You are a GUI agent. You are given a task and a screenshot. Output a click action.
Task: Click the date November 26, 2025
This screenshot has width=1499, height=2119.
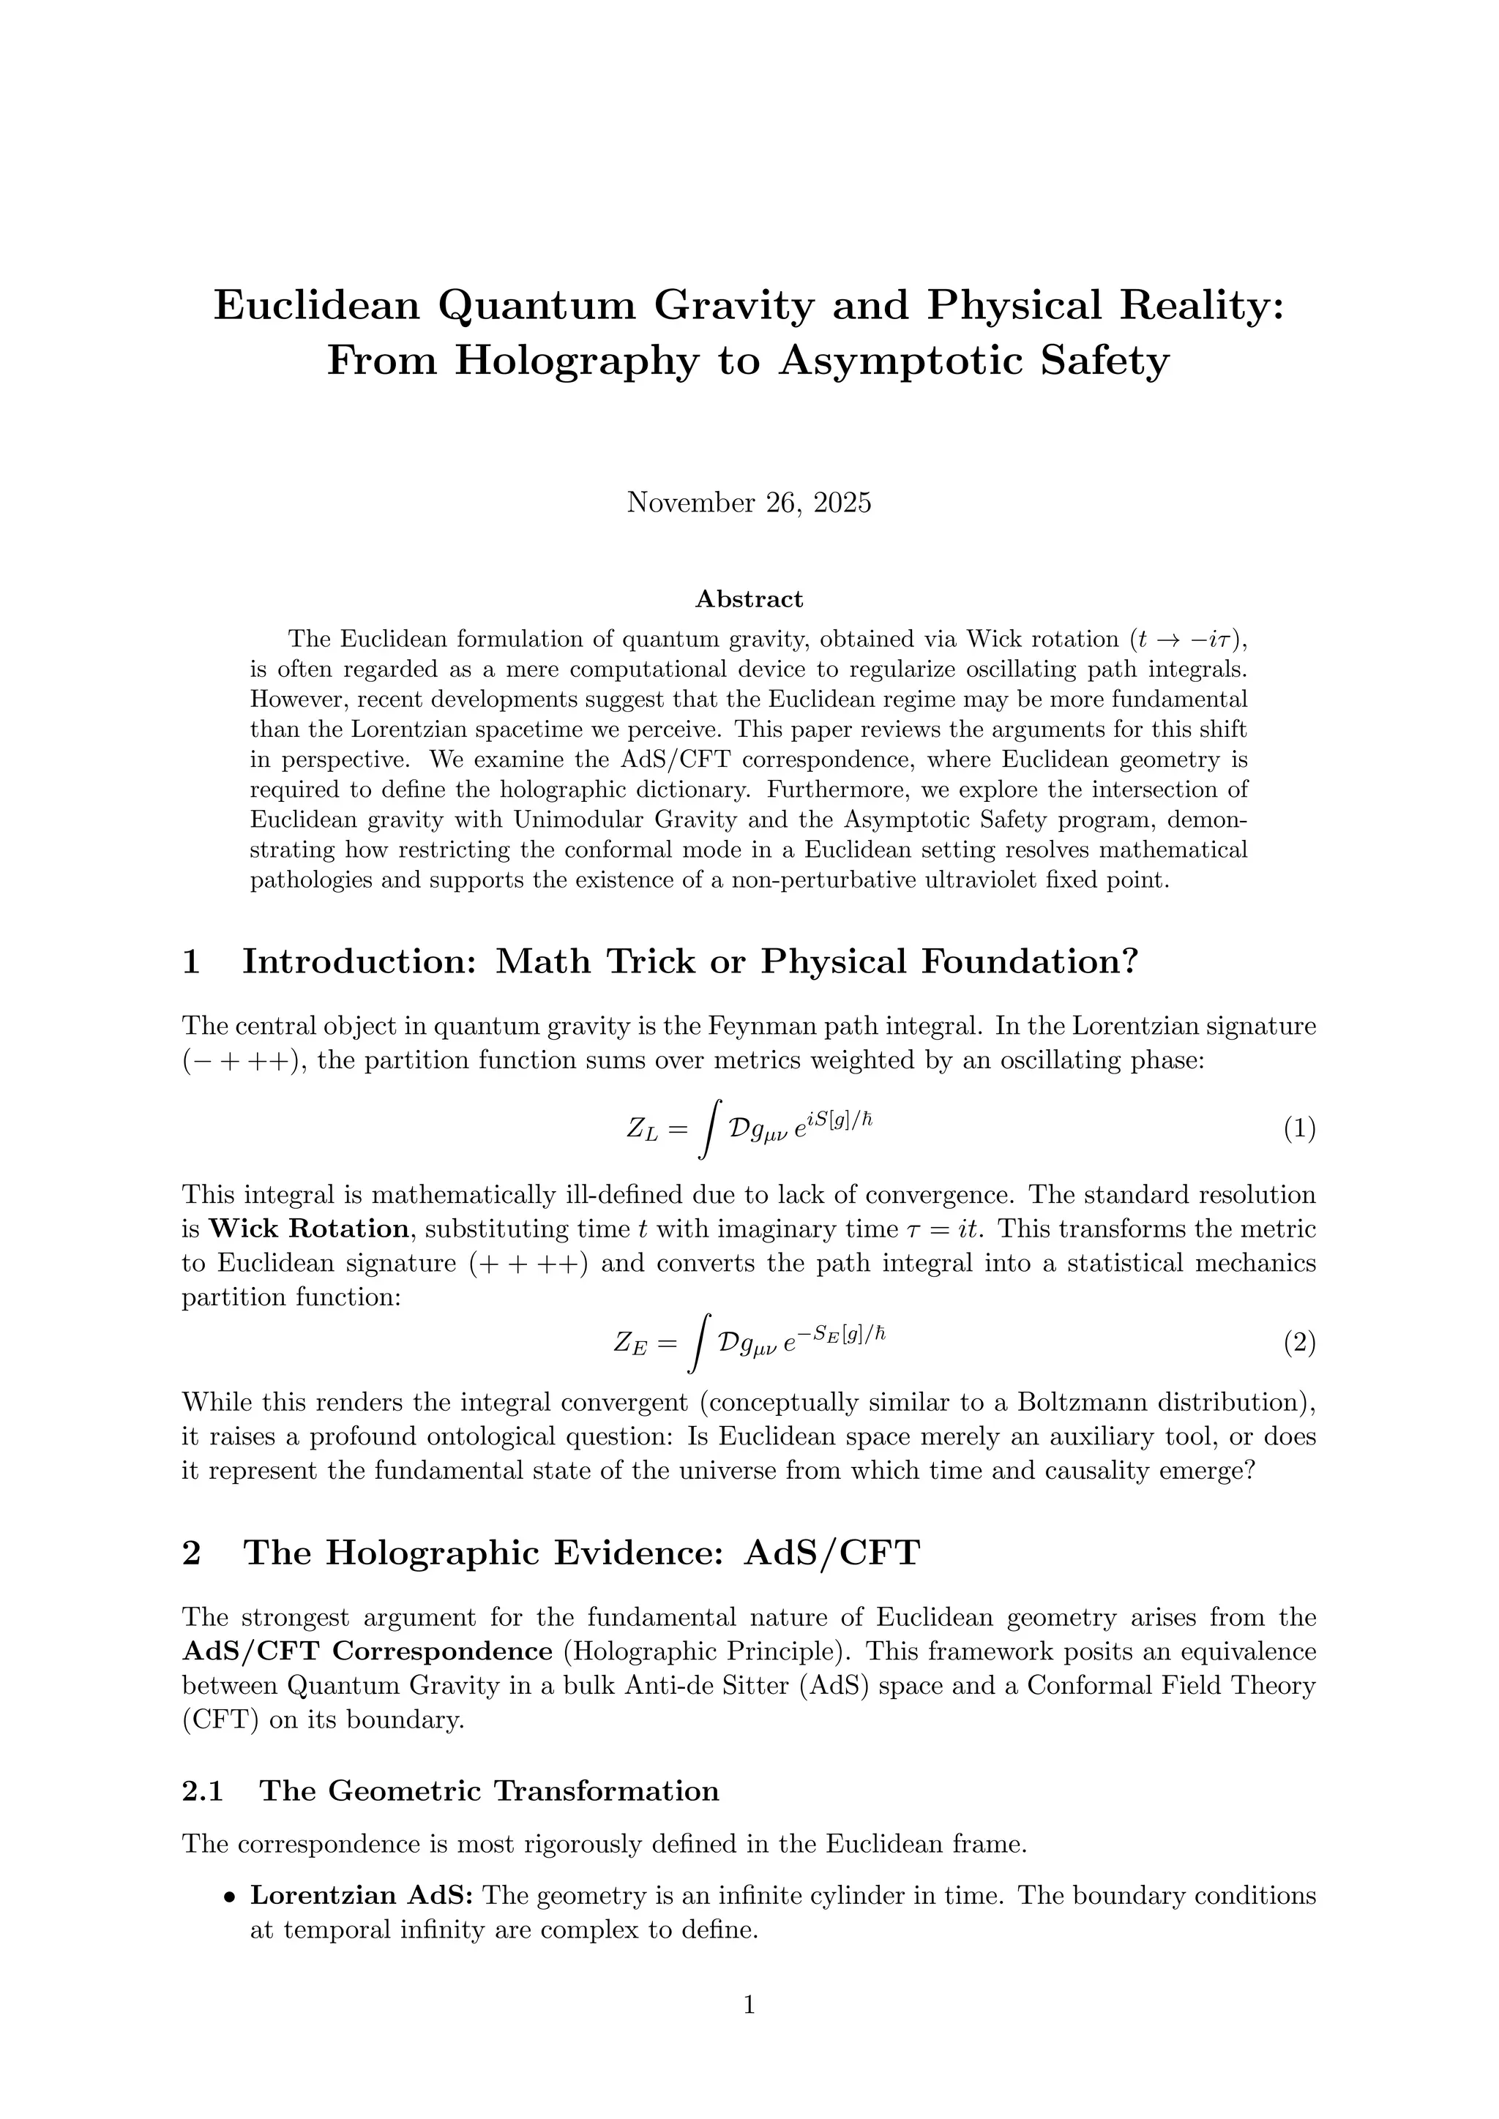[x=749, y=503]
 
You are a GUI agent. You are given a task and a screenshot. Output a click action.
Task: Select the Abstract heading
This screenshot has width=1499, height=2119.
[x=749, y=600]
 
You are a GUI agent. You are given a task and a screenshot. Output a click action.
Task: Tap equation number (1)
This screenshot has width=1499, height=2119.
[x=1298, y=1129]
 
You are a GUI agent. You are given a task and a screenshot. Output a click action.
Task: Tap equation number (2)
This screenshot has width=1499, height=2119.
[x=1298, y=1343]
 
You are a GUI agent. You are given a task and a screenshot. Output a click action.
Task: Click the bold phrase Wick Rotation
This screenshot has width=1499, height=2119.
[x=309, y=1229]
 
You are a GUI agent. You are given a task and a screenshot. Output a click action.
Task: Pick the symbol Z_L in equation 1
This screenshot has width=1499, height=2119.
[x=643, y=1130]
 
